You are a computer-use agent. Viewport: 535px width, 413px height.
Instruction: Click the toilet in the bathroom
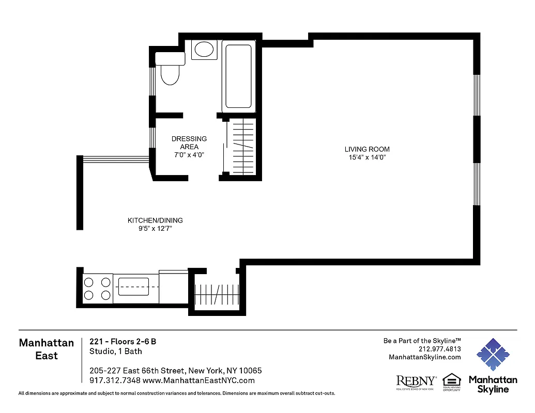[x=170, y=70]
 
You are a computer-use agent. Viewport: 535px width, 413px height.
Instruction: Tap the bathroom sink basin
[x=203, y=50]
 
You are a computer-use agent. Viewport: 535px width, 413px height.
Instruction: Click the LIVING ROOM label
[x=366, y=149]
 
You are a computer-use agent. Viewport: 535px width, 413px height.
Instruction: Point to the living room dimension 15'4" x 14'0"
[x=366, y=157]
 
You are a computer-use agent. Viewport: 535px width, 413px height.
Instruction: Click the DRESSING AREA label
[x=189, y=142]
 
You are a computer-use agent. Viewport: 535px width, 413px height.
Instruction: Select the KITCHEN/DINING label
[x=155, y=220]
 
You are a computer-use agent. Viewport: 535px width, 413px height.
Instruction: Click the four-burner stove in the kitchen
[x=97, y=289]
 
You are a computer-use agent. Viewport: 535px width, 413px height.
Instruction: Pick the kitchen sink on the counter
[x=133, y=286]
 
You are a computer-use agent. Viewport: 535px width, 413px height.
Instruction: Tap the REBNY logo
[x=416, y=382]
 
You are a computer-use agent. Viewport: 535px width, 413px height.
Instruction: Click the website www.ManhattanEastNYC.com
[x=198, y=380]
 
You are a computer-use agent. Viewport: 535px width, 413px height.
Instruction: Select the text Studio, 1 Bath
[x=116, y=352]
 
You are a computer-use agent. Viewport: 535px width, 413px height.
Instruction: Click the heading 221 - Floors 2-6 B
[x=123, y=341]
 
